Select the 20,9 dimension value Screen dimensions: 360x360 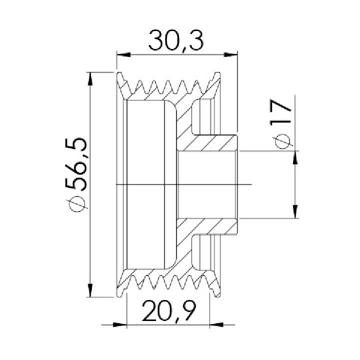coord(169,311)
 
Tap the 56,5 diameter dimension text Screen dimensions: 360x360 coord(76,164)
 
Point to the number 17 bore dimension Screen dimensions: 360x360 coord(280,112)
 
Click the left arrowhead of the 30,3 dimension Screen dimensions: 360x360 coord(123,55)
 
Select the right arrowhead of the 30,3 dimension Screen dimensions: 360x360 coord(230,55)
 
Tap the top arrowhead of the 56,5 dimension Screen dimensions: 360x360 coord(90,79)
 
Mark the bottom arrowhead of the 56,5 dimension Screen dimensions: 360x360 coord(90,290)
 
